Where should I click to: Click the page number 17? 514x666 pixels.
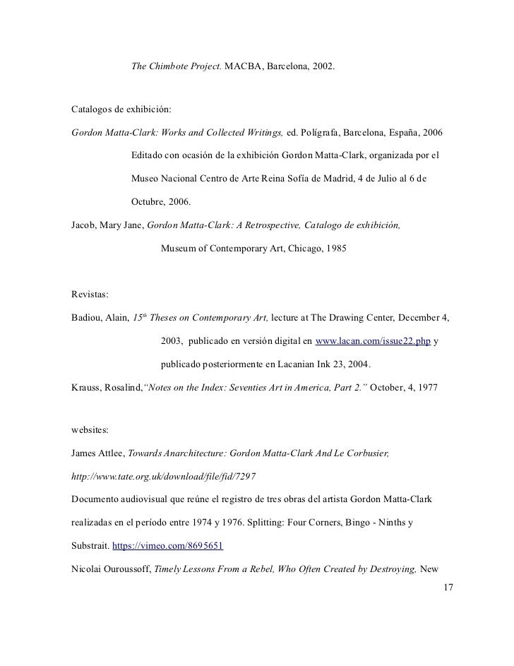[x=446, y=588]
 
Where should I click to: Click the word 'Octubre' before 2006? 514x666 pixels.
[x=148, y=202]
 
